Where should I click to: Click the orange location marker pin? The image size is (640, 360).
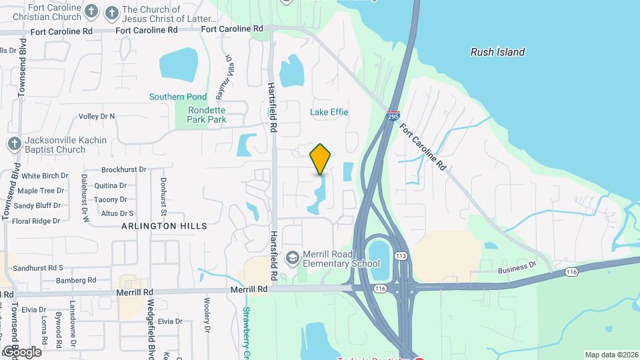[320, 159]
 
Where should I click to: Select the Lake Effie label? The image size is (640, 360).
[329, 112]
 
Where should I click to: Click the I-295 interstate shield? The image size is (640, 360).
[393, 116]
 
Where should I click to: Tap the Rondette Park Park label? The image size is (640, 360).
[207, 115]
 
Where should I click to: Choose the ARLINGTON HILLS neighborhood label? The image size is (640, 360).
[164, 226]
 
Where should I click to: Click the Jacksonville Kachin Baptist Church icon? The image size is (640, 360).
[14, 144]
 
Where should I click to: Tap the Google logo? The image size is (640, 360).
[21, 352]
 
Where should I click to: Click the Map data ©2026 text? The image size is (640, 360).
[611, 355]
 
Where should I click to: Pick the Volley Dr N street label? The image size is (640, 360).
[97, 116]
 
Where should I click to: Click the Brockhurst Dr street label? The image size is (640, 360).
[123, 170]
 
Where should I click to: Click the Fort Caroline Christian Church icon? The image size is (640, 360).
[92, 11]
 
